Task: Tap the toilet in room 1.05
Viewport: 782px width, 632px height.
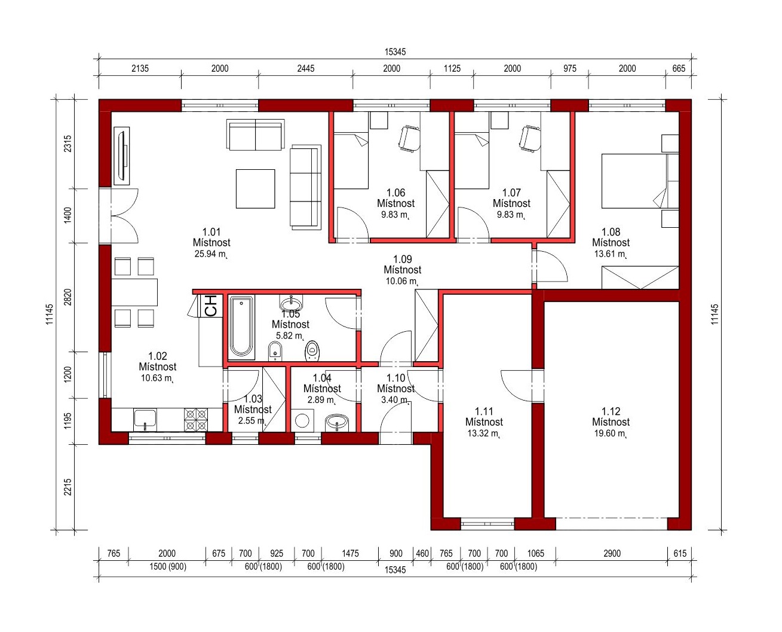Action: point(312,350)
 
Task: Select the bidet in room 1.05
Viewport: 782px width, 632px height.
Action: point(275,351)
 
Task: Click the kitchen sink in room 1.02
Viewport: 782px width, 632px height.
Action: point(145,420)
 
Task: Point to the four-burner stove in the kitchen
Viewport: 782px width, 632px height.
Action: point(196,419)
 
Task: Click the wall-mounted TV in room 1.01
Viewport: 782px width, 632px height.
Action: point(122,156)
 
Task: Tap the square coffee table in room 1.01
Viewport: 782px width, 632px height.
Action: point(255,188)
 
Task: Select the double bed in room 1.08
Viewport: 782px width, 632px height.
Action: point(640,181)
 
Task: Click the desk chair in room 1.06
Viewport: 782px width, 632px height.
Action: point(409,139)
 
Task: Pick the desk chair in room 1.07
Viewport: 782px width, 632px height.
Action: point(530,139)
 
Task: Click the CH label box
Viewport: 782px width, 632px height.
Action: point(210,306)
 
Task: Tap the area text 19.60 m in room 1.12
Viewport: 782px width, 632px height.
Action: point(610,433)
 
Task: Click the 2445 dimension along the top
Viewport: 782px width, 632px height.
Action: point(305,68)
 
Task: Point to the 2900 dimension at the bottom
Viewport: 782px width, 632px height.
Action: point(612,553)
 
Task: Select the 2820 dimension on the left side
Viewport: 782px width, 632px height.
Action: point(68,297)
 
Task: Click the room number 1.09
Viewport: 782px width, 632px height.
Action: point(403,259)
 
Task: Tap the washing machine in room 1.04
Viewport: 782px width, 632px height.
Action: point(302,421)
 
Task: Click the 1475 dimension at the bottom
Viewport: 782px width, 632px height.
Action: point(350,553)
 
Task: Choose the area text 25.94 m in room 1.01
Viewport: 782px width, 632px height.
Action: point(211,254)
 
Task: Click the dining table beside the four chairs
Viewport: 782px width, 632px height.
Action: point(134,292)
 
